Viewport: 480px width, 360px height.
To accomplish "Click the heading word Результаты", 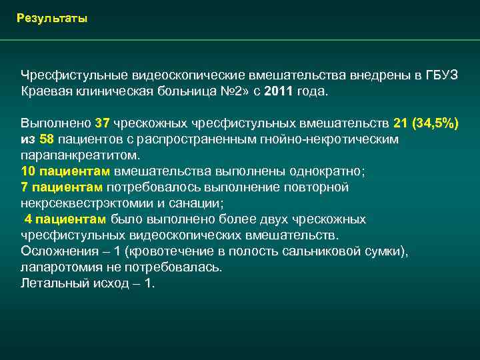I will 52,18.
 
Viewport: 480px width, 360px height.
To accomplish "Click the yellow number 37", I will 103,123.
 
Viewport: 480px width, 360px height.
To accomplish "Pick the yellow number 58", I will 47,139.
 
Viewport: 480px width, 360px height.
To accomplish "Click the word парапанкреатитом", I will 80,155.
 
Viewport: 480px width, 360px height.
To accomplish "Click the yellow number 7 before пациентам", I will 25,187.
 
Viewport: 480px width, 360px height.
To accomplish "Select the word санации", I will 197,203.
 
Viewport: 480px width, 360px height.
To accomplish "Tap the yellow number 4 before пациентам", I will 29,219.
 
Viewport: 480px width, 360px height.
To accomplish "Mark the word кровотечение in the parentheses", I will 169,251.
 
